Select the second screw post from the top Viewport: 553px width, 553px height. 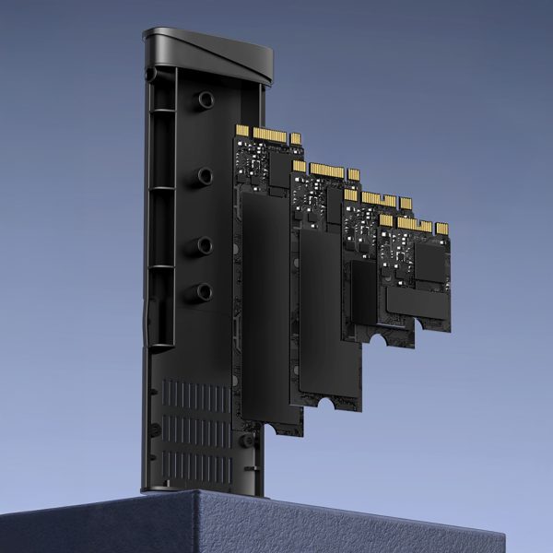[204, 175]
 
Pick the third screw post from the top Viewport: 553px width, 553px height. [204, 245]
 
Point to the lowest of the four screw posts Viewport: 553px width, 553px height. [204, 293]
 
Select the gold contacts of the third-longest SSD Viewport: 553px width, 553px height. [378, 198]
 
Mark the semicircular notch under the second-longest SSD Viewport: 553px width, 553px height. [326, 403]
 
